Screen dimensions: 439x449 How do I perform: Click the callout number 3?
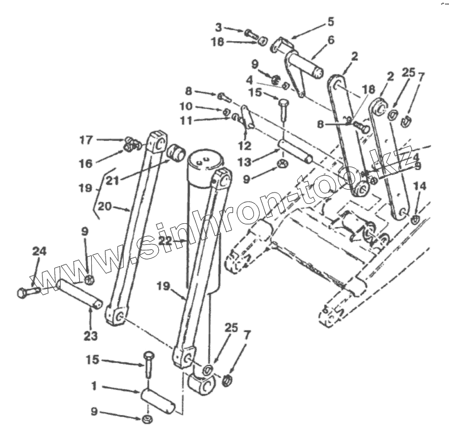pos(218,27)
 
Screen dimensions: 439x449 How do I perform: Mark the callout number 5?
pos(331,22)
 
